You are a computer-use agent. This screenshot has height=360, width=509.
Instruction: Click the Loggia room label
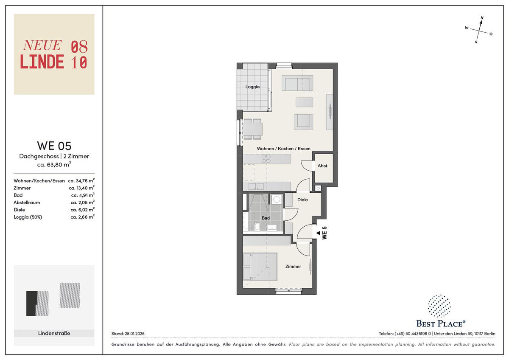[252, 87]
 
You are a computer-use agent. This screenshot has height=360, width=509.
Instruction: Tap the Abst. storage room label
[323, 166]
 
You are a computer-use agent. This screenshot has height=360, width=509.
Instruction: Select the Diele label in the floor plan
[302, 200]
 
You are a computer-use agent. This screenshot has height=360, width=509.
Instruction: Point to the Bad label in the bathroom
[266, 218]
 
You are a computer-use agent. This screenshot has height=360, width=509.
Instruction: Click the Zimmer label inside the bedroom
[293, 266]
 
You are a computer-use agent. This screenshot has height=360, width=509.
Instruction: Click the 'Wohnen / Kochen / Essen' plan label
[284, 149]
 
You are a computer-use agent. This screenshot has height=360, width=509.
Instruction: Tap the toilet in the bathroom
[257, 227]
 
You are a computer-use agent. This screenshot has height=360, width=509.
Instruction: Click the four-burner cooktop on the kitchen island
[266, 158]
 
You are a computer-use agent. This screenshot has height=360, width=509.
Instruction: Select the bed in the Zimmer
[260, 267]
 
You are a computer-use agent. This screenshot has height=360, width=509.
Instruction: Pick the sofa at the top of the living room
[297, 83]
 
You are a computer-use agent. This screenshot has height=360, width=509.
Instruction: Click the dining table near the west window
[253, 129]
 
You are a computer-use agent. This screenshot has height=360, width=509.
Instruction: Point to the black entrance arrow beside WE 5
[318, 233]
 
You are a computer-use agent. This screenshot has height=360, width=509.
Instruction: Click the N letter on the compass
[482, 18]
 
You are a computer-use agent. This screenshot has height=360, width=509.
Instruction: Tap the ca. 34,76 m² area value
[81, 180]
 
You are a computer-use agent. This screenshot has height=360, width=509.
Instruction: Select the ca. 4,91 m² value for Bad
[83, 195]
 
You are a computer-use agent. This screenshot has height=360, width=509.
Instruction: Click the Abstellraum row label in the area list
[27, 202]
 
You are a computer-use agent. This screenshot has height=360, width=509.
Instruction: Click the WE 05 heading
[54, 146]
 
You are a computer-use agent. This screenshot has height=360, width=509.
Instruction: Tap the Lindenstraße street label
[54, 333]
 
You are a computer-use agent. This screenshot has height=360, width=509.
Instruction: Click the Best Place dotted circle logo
[439, 306]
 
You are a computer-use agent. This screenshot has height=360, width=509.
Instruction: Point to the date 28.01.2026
[134, 334]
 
